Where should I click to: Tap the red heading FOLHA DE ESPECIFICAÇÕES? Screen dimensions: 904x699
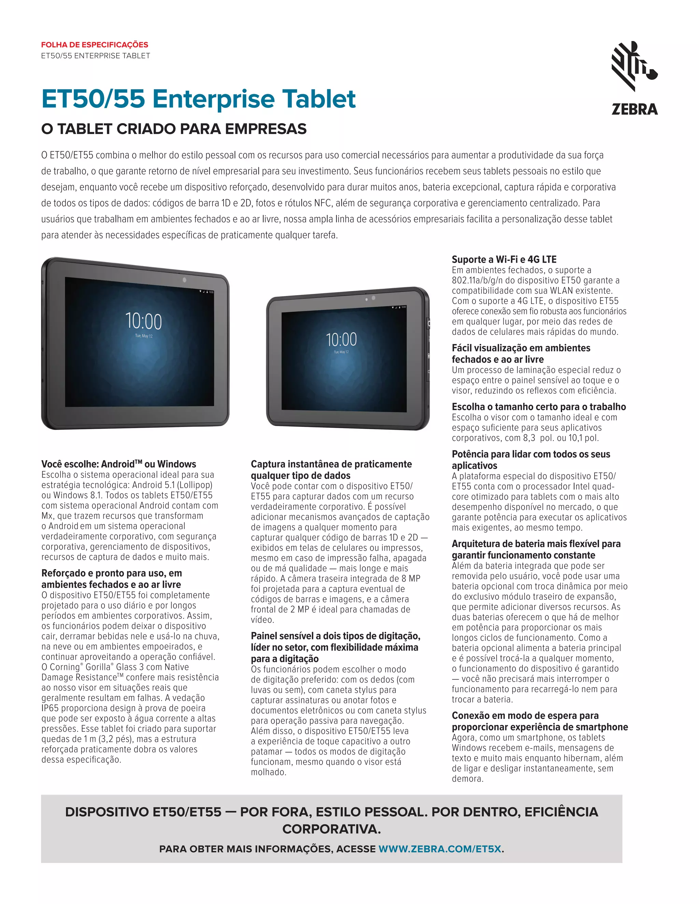pos(95,45)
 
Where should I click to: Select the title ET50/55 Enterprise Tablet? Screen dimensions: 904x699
pos(198,99)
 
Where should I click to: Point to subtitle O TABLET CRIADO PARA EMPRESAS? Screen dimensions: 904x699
pos(174,129)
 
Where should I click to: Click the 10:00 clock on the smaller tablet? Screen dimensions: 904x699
pos(341,339)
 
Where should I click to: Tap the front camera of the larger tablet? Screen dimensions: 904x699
pos(184,280)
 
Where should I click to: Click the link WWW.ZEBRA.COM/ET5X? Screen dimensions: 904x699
pos(440,849)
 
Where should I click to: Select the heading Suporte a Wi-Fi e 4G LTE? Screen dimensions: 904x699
pos(504,260)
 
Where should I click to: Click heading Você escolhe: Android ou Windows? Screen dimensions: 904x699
pos(118,464)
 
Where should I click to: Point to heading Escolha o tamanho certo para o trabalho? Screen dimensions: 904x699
pos(539,407)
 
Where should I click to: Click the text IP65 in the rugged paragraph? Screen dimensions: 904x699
pos(50,708)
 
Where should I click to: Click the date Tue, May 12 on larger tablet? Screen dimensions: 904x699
pos(144,336)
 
